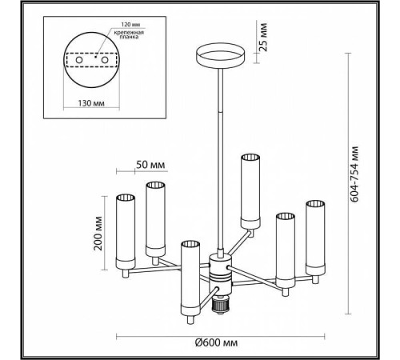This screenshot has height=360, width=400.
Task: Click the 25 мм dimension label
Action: click(263, 37)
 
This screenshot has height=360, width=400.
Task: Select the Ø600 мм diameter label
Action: click(216, 342)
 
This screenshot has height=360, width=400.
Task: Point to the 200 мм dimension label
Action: click(98, 233)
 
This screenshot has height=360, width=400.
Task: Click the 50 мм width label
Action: click(150, 165)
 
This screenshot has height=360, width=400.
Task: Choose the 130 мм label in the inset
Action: click(91, 103)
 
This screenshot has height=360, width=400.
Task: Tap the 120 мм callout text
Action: click(130, 25)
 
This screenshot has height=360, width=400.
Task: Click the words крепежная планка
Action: click(129, 34)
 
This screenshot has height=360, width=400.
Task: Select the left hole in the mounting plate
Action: click(79, 60)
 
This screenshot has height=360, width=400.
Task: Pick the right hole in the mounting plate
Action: click(105, 60)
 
